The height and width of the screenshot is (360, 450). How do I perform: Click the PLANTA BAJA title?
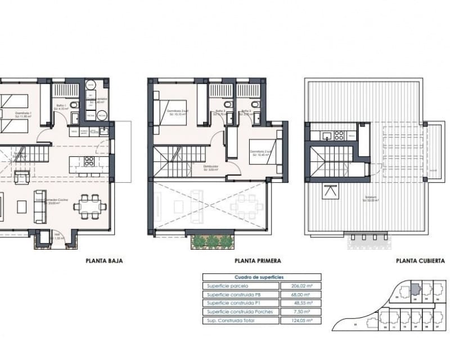pos(104,261)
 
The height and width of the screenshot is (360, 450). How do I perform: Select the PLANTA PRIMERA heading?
pos(258,261)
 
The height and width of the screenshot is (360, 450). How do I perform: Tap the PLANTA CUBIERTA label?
pos(419,261)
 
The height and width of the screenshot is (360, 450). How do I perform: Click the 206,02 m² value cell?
pos(300,286)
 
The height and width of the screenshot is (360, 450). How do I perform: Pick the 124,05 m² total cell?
pos(300,321)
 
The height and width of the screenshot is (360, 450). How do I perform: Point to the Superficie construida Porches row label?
pos(240,312)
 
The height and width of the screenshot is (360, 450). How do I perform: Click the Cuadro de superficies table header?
pos(262,277)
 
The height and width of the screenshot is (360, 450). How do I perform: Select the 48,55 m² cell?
pos(300,303)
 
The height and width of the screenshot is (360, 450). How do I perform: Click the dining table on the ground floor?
pos(89,206)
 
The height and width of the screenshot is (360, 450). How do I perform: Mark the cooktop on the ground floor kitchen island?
pos(89,161)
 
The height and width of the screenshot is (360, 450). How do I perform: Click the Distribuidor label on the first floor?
pos(211,167)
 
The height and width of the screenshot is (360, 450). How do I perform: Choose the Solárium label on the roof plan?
pos(370,197)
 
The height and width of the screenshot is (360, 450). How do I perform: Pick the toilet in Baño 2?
pos(254,105)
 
